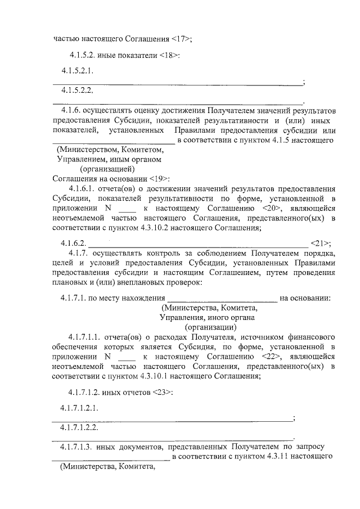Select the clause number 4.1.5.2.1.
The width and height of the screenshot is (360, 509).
77,71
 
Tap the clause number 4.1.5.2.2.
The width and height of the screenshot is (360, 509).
77,90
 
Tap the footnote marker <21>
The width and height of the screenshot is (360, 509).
319,244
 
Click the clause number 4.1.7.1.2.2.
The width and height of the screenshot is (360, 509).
79,427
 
